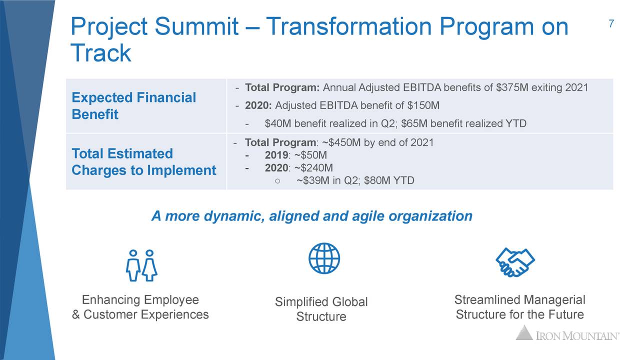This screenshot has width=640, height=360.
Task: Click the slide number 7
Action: pos(611,23)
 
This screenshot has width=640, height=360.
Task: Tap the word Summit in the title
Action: pos(196,26)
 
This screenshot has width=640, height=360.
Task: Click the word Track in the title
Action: pos(101,53)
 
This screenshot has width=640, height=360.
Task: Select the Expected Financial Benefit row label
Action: pos(133,105)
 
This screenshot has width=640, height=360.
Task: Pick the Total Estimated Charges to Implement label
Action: pos(143,161)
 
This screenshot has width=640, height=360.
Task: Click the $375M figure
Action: pos(512,87)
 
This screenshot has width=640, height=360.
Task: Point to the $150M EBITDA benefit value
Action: pos(423,105)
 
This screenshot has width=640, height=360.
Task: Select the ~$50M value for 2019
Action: pos(310,155)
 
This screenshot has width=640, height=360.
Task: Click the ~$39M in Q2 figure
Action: pos(313,180)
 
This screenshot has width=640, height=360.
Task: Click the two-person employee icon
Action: pos(141,265)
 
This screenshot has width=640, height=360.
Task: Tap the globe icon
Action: pos(324,258)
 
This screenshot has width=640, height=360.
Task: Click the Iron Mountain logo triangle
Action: pos(524,332)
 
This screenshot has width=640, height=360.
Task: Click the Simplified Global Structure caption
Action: pos(321,309)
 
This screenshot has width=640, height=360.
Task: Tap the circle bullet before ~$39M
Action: pos(277,181)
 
